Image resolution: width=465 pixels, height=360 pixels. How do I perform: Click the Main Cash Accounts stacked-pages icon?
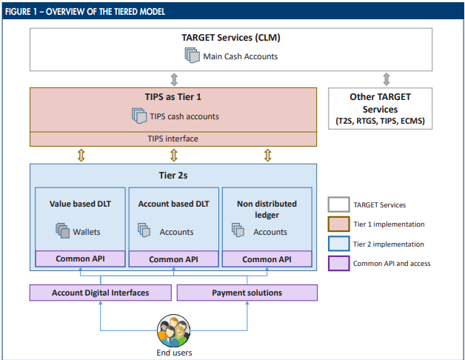point(193,56)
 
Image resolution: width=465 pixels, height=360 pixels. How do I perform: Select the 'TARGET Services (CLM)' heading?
point(231,38)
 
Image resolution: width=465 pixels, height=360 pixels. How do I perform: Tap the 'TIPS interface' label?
point(173,139)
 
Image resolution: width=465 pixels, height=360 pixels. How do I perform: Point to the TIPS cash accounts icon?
point(139,116)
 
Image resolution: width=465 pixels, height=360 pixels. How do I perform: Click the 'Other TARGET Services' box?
point(380,109)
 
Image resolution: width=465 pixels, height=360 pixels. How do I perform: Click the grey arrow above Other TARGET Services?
point(386,79)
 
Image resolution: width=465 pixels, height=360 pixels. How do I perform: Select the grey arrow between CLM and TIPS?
point(174,79)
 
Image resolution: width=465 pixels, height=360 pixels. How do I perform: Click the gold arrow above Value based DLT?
point(81,156)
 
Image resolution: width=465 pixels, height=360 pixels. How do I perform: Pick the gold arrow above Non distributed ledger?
point(267,156)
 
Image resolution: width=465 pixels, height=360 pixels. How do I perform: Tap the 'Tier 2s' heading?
point(173,176)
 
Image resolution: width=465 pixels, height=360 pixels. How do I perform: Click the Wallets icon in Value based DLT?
point(63,230)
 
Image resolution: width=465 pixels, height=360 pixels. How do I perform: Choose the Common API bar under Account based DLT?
point(174,259)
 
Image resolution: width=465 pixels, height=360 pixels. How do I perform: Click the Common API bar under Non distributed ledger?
point(267,259)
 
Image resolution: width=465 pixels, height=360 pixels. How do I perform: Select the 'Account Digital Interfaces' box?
point(101,293)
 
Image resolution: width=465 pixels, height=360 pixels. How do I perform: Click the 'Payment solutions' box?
point(247,293)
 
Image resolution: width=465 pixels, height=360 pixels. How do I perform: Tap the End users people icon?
point(173,330)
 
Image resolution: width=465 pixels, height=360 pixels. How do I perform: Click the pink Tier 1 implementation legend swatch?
point(338,224)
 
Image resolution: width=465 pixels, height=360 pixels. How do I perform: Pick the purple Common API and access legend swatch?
point(338,263)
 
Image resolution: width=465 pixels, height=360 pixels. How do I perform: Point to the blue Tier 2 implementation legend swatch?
point(338,244)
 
